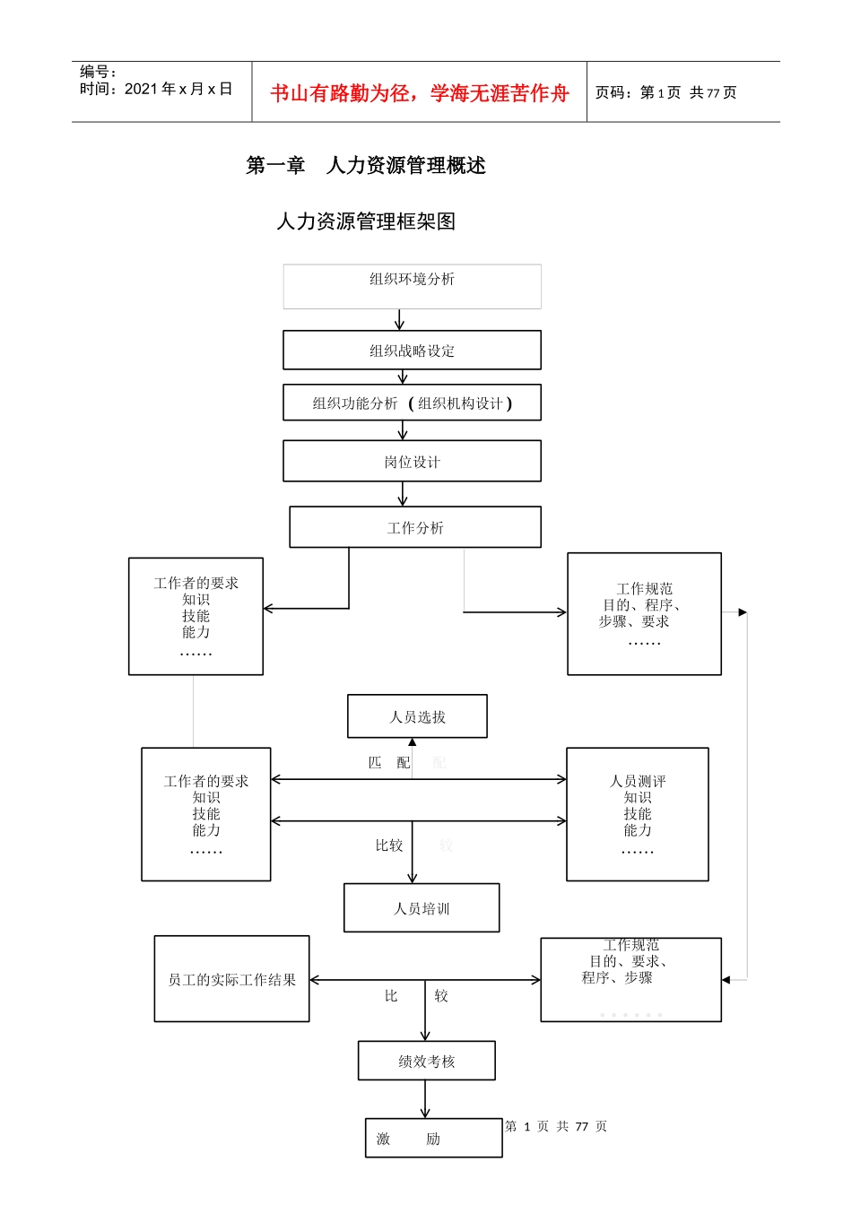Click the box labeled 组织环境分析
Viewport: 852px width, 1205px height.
[x=412, y=286]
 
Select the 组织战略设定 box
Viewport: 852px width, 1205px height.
[x=412, y=351]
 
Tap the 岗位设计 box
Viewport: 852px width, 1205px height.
[x=412, y=462]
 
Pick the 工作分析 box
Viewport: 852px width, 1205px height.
[x=415, y=527]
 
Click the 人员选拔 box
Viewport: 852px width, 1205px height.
[x=417, y=716]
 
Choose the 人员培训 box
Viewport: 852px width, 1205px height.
[x=422, y=908]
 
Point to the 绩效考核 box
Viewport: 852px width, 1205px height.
[x=427, y=1061]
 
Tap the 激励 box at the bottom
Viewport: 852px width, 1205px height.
[x=433, y=1138]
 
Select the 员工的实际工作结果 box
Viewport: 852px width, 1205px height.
[x=231, y=979]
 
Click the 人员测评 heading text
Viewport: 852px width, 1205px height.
[x=638, y=781]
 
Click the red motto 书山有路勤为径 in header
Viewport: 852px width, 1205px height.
[x=420, y=93]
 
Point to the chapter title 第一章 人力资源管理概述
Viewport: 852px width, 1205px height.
[x=366, y=165]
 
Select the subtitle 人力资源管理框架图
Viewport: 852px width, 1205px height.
[x=366, y=221]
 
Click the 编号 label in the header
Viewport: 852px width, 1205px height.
[x=98, y=72]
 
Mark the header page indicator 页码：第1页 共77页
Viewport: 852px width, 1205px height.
[x=665, y=92]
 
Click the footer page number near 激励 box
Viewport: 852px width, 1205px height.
[x=556, y=1126]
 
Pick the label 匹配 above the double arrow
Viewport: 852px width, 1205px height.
[x=389, y=763]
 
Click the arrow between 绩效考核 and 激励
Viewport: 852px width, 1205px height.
[x=425, y=1099]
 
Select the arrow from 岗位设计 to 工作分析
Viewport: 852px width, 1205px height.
[x=403, y=494]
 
